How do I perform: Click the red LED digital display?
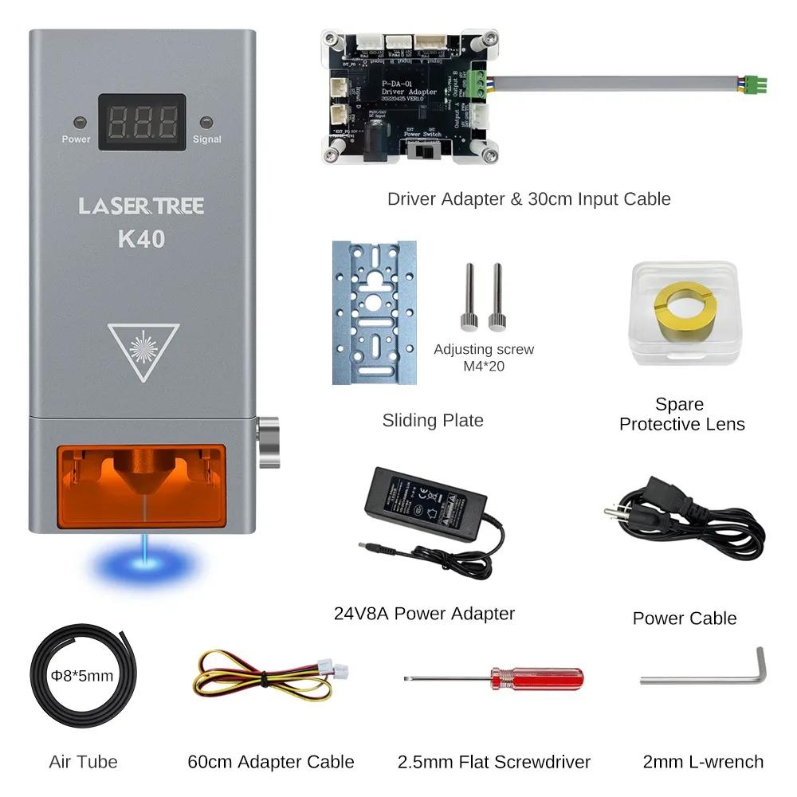pos(142,123)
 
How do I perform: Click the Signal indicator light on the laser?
pos(206,123)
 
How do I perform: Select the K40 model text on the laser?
pos(141,238)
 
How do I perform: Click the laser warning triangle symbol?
pos(143,347)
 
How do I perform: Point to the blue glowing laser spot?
pos(144,564)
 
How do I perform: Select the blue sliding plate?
pos(375,313)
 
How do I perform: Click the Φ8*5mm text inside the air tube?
pos(82,677)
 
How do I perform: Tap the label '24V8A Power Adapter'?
pos(424,614)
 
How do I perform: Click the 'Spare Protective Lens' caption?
pos(681,414)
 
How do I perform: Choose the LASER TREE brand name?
pos(141,206)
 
